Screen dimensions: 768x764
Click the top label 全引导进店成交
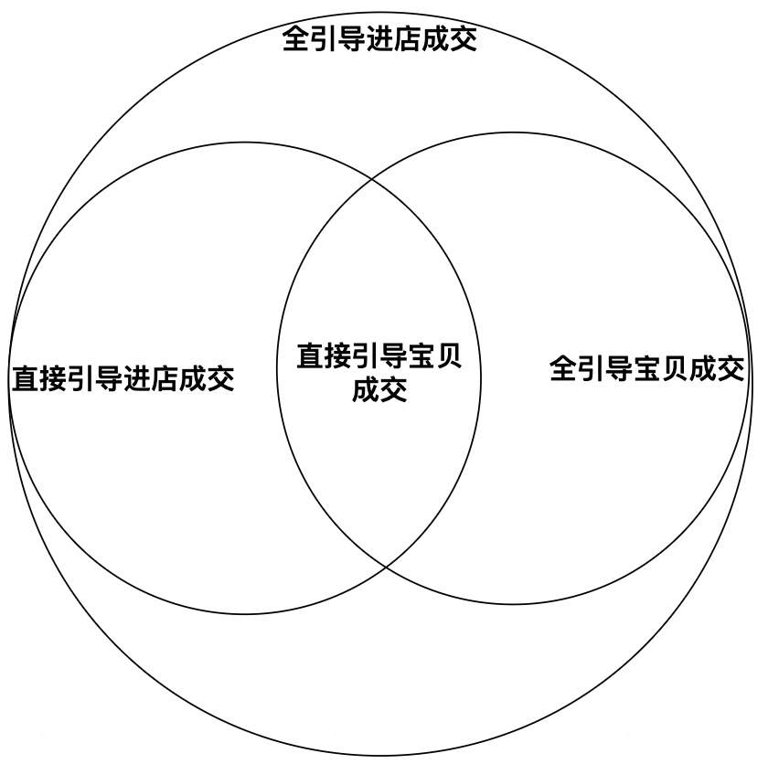[379, 39]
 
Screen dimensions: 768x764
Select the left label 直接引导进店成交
[123, 377]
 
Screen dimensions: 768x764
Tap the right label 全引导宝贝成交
[646, 369]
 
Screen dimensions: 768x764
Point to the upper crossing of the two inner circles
[371, 176]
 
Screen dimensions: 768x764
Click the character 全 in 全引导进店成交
[295, 39]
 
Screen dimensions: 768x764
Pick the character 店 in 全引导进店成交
[409, 39]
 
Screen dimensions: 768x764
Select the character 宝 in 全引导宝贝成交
[646, 369]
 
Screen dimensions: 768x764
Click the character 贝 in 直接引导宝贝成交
[448, 355]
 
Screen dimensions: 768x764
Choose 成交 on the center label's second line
[379, 389]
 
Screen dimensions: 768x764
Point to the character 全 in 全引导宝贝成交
[562, 369]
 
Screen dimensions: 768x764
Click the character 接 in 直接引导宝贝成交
[338, 355]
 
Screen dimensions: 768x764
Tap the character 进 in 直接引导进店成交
[137, 377]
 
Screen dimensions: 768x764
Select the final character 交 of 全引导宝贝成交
[731, 369]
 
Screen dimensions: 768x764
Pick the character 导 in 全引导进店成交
[352, 39]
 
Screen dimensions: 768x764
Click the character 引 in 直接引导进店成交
[81, 377]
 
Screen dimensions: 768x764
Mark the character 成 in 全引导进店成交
[436, 39]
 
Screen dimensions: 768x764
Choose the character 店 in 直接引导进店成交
[165, 377]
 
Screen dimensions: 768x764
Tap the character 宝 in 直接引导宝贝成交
[421, 355]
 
